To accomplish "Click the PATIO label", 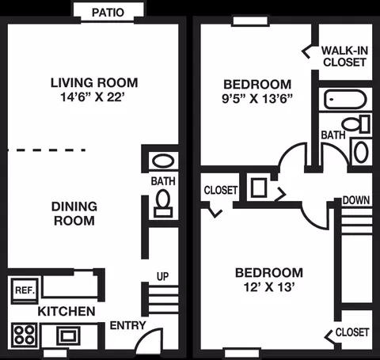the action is point(108,13).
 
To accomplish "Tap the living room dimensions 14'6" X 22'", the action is point(93,97).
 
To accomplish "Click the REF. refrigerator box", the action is point(25,290).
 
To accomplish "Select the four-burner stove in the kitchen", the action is point(25,335).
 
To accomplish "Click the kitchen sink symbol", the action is point(68,335).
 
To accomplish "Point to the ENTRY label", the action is point(127,326).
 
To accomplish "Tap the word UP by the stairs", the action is point(162,276).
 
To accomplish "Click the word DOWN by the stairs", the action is point(356,200).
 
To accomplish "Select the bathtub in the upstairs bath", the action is point(345,99).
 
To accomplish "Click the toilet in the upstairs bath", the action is point(355,124).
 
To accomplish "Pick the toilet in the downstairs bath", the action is point(163,204).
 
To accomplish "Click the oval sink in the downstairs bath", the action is point(163,161).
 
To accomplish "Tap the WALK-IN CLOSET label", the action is point(344,56).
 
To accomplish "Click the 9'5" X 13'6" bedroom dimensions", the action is point(257,99).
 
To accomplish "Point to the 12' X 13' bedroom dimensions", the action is point(269,287).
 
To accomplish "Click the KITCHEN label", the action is point(66,312).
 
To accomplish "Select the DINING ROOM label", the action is point(74,214).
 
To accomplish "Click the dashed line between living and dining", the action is point(47,150).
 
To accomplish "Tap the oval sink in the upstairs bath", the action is point(361,152).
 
